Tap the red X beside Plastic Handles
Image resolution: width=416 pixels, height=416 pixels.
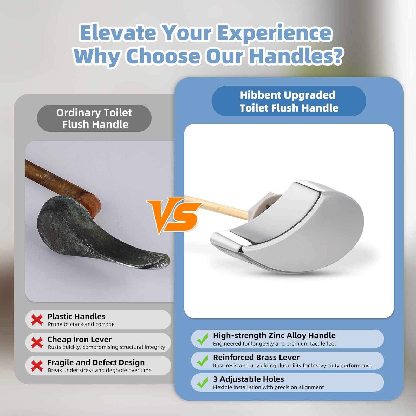37,320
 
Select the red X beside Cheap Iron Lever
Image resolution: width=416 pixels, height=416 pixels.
37,343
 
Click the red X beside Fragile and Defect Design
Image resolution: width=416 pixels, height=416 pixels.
37,366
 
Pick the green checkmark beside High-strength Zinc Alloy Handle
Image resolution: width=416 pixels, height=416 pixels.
203,339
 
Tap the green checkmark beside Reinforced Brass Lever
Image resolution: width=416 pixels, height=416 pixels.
203,361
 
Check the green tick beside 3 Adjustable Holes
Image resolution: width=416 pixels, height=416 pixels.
203,382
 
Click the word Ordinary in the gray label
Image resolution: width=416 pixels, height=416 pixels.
79,113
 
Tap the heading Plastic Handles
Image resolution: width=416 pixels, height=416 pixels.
76,316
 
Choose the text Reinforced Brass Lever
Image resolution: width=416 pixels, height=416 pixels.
256,357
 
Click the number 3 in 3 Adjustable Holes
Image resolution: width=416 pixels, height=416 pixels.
215,379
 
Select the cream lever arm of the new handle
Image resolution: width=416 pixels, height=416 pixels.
217,207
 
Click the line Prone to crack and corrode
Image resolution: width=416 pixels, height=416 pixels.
81,324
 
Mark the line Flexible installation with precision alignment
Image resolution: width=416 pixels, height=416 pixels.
268,387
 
